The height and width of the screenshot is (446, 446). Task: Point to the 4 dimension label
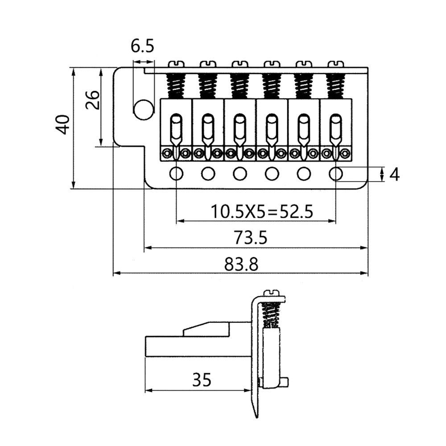tap(394, 174)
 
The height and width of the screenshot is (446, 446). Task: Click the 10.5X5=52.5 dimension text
tap(261, 211)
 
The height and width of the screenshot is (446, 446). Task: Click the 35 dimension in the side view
tap(202, 380)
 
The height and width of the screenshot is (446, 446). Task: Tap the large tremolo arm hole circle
tap(143, 110)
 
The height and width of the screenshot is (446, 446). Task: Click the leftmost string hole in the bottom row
tap(176, 173)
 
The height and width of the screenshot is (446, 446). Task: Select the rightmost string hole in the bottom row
tap(336, 173)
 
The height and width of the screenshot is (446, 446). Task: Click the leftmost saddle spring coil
tap(176, 86)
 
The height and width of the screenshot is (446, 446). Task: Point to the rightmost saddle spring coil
tap(335, 86)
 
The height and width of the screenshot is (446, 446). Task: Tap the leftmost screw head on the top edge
tap(176, 65)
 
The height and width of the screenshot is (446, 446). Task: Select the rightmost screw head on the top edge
tap(335, 65)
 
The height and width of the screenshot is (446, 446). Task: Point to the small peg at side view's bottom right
tap(285, 383)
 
